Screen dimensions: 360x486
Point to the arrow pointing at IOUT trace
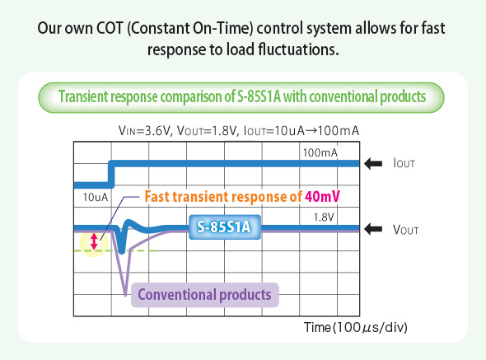click(x=374, y=164)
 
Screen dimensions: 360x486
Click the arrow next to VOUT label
click(x=374, y=228)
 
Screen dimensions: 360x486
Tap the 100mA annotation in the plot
click(x=320, y=153)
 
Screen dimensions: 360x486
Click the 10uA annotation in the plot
click(x=96, y=198)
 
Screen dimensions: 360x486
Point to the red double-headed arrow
click(x=94, y=241)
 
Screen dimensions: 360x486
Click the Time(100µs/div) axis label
click(x=356, y=327)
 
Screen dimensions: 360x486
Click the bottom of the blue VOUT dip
click(x=120, y=250)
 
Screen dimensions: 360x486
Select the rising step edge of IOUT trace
click(x=111, y=174)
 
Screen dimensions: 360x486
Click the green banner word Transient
click(x=87, y=96)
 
